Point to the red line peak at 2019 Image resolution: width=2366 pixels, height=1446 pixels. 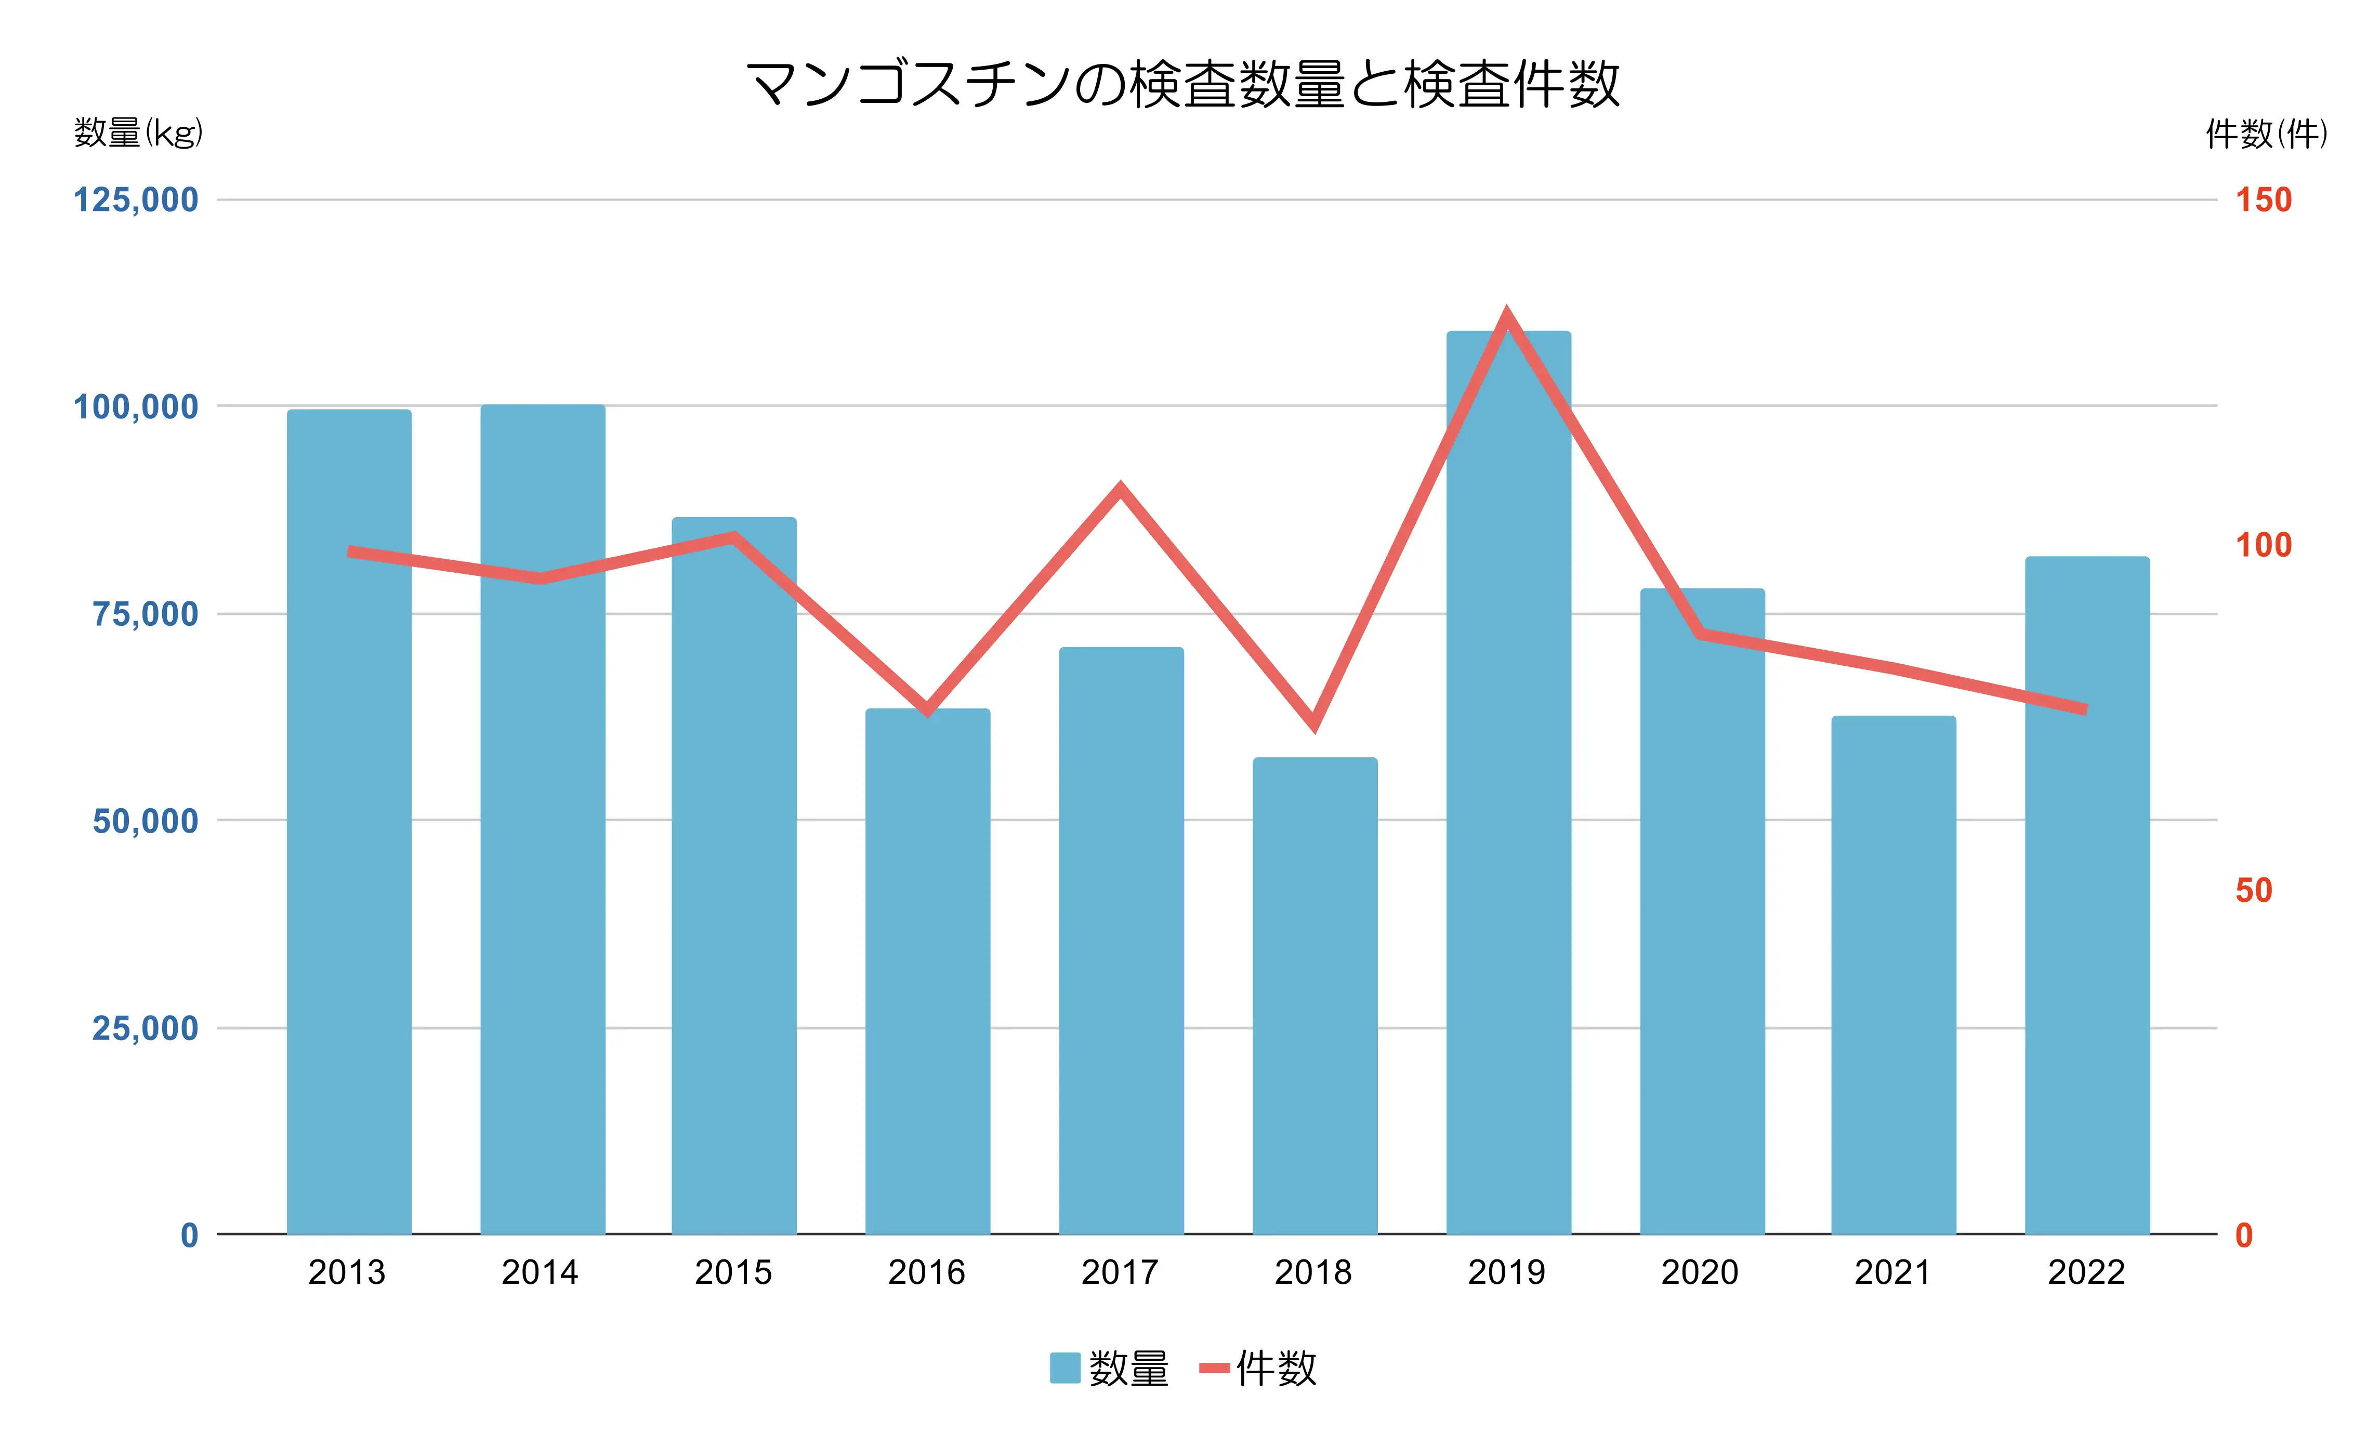click(1507, 315)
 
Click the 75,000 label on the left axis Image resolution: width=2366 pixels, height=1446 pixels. click(145, 614)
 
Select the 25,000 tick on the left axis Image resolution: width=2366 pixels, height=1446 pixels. click(145, 1028)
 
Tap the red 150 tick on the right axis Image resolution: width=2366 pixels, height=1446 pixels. click(2263, 201)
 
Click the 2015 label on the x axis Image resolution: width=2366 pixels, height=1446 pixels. click(733, 1272)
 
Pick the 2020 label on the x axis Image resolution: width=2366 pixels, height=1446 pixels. click(1700, 1272)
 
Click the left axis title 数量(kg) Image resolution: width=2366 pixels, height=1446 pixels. click(138, 133)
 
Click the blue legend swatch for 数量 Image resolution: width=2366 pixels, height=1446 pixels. click(1065, 1368)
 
